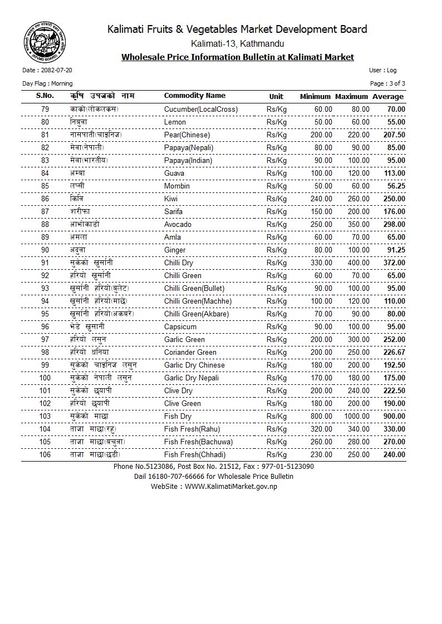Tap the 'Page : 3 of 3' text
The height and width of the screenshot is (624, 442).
point(387,83)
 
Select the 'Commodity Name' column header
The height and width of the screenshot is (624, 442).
point(194,96)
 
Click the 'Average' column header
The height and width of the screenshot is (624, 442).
point(388,97)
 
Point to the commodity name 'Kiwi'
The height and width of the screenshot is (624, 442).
point(171,199)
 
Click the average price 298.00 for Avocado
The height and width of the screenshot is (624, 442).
point(394,224)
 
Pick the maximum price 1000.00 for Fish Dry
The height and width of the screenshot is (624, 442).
point(356,416)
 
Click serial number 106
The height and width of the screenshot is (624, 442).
point(45,454)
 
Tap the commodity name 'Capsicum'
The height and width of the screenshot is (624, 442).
point(180,326)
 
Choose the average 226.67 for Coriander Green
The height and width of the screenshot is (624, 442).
point(394,352)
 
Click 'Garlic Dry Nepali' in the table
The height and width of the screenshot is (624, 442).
point(191,378)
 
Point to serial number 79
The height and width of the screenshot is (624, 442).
point(45,109)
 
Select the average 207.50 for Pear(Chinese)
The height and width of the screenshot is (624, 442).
point(394,135)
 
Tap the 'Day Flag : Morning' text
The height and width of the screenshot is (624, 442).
point(47,83)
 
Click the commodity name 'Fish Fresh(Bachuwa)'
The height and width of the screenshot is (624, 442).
point(198,442)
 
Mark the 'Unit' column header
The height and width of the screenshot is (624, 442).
point(276,96)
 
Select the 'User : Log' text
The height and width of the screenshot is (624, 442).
point(382,71)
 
